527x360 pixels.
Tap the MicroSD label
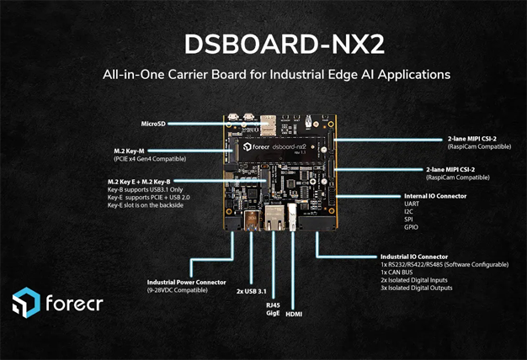pos(154,124)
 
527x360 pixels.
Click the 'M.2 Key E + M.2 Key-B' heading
pos(139,182)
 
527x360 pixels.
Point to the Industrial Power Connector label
pos(187,283)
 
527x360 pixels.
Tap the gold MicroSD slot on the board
pos(267,123)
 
